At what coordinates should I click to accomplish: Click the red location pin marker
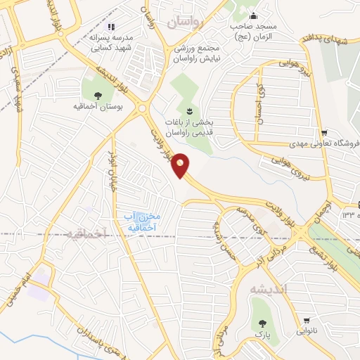pos(181,165)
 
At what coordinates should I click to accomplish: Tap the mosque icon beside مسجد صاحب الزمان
pos(254,15)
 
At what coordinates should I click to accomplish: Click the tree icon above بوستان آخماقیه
pos(96,96)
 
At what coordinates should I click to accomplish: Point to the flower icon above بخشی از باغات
pos(188,111)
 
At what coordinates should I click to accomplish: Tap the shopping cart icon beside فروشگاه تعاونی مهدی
pos(323,133)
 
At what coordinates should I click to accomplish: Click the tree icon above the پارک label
pos(262,324)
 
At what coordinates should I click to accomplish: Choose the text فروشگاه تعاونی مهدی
pos(324,143)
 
